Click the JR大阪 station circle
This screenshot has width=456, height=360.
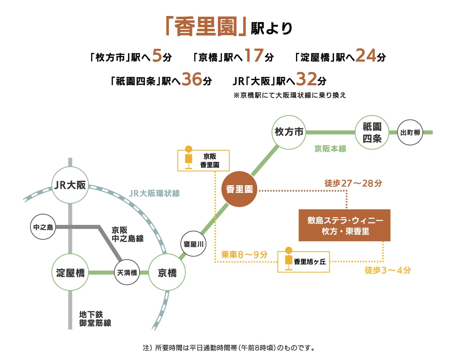click(x=70, y=186)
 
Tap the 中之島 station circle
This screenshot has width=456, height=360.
click(x=43, y=227)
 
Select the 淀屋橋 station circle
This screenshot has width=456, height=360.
click(x=70, y=273)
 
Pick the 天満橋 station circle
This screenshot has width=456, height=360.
click(x=127, y=273)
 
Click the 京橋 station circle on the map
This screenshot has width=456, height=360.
click(x=167, y=273)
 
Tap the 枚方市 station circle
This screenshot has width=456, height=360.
click(x=289, y=132)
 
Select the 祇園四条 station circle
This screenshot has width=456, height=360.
click(x=372, y=132)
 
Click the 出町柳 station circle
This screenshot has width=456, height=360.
click(x=410, y=132)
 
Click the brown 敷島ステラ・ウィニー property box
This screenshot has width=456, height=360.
click(x=344, y=225)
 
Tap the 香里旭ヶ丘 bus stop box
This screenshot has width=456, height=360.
click(x=304, y=262)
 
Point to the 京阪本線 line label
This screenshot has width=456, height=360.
click(x=330, y=149)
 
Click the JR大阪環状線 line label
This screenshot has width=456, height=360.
click(x=154, y=193)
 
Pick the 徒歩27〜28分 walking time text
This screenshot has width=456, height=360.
click(x=353, y=184)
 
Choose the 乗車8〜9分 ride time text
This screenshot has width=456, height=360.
click(x=244, y=254)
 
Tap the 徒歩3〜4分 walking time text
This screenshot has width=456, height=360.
click(x=388, y=270)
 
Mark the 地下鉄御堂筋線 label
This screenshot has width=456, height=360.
click(x=95, y=319)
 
